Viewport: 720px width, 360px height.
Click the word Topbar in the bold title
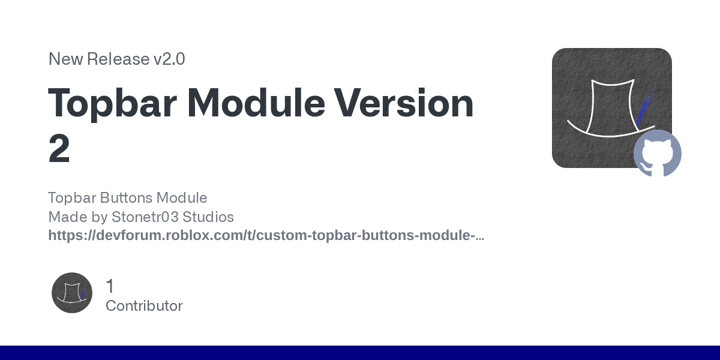(112, 103)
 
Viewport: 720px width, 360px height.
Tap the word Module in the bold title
(256, 103)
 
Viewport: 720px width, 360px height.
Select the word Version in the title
(403, 103)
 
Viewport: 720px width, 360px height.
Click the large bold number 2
(59, 149)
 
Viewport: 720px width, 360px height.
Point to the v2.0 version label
(169, 59)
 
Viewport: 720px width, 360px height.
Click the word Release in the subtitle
(118, 59)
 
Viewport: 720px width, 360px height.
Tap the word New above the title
(65, 59)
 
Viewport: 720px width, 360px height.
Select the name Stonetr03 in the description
(145, 217)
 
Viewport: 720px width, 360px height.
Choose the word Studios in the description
(208, 217)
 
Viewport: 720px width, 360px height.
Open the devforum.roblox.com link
(266, 236)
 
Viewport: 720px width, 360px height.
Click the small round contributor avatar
(72, 293)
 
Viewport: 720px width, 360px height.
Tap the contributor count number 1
(110, 286)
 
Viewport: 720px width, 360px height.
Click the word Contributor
(144, 306)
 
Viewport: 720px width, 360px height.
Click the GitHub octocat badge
(658, 154)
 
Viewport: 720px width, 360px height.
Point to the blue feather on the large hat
(644, 110)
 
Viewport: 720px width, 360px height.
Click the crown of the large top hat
(613, 106)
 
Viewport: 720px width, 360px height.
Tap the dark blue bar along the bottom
(360, 353)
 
